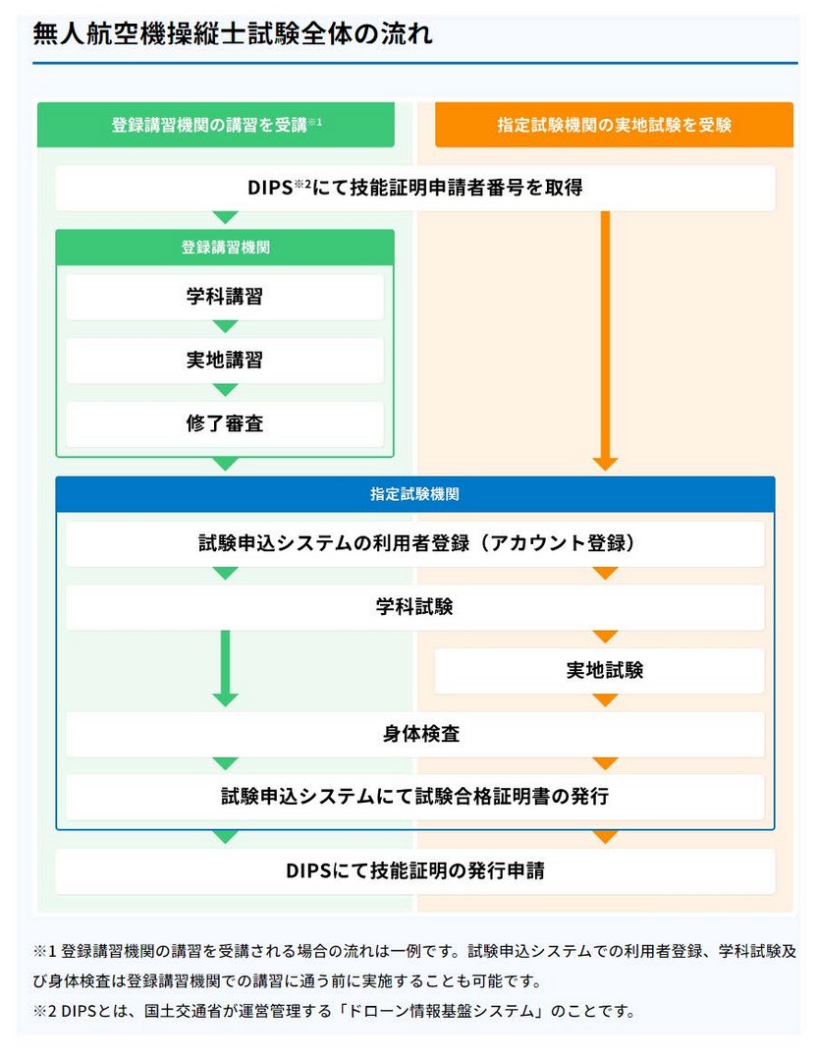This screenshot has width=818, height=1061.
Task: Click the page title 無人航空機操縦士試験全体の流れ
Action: click(232, 33)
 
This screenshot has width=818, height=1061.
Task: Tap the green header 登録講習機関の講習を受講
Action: click(216, 125)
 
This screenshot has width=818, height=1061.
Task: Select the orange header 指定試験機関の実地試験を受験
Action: click(615, 125)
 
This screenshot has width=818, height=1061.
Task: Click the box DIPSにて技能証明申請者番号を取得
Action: click(414, 188)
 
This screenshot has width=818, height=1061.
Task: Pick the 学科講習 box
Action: click(225, 297)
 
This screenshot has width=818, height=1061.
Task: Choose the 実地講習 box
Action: click(225, 360)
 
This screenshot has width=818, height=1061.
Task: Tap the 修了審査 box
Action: click(225, 423)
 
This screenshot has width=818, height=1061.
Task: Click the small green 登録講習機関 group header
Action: click(225, 247)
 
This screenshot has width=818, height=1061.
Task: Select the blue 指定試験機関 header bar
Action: click(414, 494)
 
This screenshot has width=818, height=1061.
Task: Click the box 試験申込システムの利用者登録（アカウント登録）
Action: click(414, 543)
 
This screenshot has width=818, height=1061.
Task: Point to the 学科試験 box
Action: click(414, 607)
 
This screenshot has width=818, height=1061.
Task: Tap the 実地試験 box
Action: click(599, 671)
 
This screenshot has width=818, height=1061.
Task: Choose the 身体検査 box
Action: click(414, 734)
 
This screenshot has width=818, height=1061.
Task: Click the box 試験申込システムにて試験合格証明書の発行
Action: click(414, 797)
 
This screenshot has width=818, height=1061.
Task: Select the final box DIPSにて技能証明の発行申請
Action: click(414, 870)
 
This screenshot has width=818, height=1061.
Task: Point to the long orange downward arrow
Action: click(606, 340)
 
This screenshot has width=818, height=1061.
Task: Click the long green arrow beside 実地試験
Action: click(225, 669)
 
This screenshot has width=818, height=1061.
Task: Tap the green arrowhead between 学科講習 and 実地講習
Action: click(225, 327)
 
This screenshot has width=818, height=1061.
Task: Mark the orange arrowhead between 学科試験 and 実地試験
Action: click(606, 637)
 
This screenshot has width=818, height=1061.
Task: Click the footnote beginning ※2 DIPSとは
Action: click(334, 1012)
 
